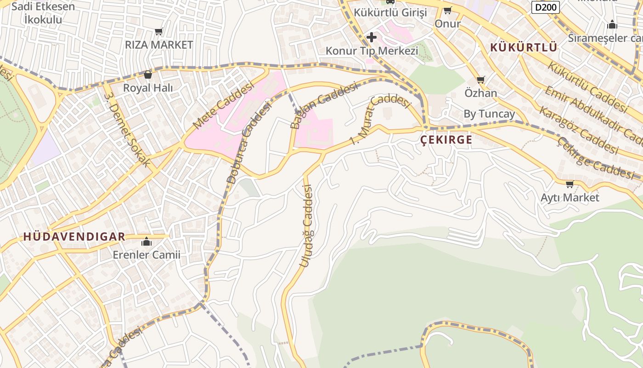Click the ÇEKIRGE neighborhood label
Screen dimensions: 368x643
pos(446,140)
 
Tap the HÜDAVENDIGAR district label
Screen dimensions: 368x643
pos(74,237)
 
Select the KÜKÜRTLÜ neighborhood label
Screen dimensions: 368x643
pos(524,47)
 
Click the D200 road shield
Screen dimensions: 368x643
pos(546,7)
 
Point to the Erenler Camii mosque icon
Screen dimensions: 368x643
pos(147,241)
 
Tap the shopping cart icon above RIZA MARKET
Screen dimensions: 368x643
pos(159,32)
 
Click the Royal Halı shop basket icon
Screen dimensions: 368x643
pos(148,74)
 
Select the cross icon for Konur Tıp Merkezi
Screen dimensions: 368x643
pos(372,37)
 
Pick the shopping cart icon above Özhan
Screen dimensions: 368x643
pos(481,80)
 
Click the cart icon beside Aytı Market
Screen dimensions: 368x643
pos(570,184)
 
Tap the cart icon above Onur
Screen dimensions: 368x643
pos(447,11)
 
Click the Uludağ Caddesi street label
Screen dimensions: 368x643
pos(306,225)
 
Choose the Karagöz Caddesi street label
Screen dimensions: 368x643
pos(578,130)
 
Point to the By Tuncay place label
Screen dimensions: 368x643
pos(489,114)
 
